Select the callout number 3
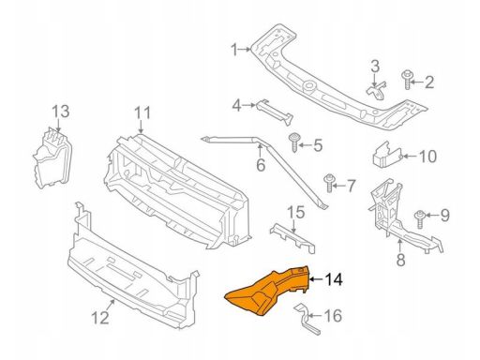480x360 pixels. coord(374,66)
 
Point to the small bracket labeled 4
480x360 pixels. coord(276,110)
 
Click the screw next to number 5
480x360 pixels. coord(295,143)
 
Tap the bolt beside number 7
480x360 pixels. coord(329,181)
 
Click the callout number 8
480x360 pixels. coord(399,259)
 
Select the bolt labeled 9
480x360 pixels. coord(420,217)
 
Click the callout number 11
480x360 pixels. coord(142,115)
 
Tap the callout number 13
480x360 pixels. coord(60,113)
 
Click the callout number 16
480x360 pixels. coord(336,316)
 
